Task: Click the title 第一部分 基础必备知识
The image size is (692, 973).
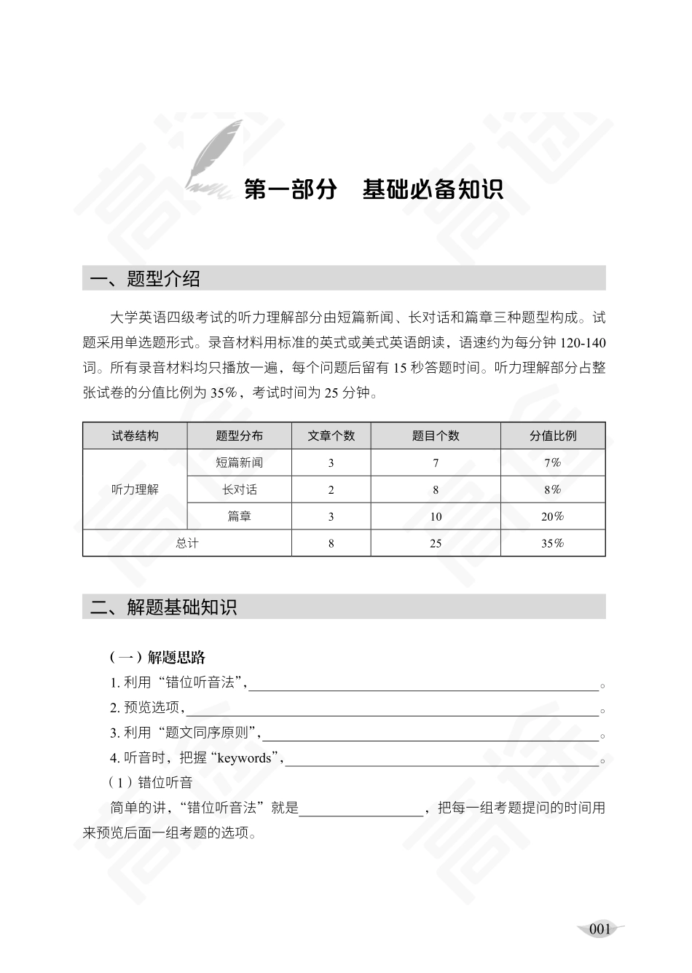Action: click(373, 189)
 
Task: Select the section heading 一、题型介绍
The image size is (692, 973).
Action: click(145, 279)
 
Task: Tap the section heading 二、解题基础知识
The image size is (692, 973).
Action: click(164, 607)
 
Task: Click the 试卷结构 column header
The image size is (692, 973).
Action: click(135, 436)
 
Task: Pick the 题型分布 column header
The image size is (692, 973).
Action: click(239, 436)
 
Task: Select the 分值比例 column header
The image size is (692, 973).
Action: click(553, 436)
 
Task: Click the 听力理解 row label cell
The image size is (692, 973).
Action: click(135, 489)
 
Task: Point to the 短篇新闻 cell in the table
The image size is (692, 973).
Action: click(239, 462)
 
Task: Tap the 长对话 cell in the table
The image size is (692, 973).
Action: click(239, 489)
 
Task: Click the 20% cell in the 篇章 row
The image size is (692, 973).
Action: click(553, 516)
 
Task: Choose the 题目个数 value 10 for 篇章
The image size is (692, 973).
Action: click(436, 516)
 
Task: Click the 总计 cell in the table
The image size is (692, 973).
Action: click(187, 543)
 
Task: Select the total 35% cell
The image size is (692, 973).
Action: click(553, 543)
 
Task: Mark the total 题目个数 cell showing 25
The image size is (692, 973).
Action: click(436, 543)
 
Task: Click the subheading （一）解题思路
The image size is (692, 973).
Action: click(157, 658)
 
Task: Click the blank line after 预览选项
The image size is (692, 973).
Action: click(393, 709)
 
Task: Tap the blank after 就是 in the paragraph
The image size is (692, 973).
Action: click(361, 809)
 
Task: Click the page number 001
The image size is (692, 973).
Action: click(599, 929)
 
